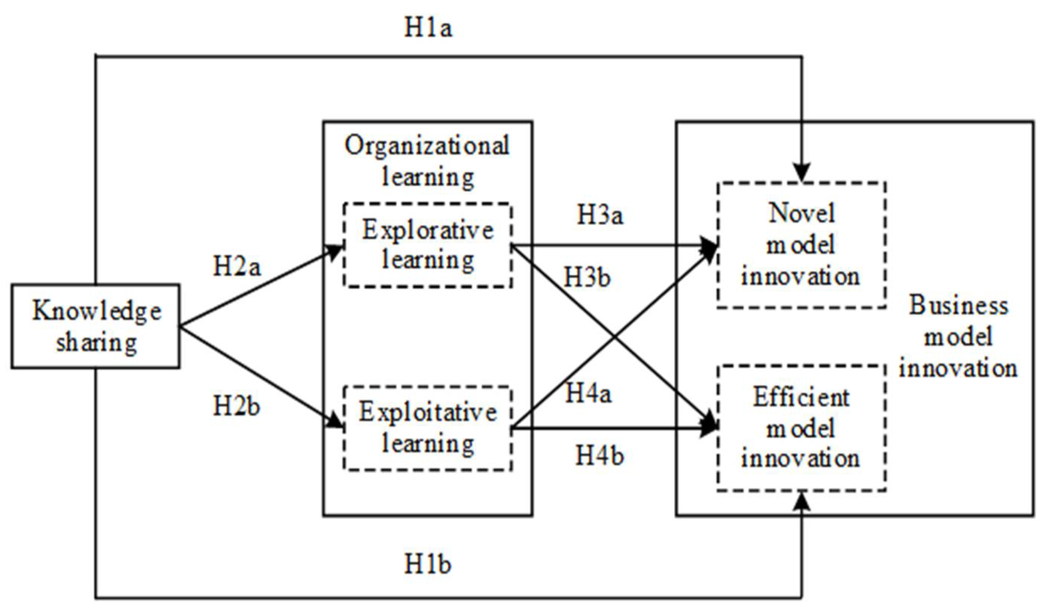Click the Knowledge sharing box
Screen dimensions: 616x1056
(96, 326)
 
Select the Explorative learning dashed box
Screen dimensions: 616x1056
(427, 245)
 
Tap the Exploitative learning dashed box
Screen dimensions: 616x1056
(427, 428)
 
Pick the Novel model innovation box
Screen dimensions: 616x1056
(801, 245)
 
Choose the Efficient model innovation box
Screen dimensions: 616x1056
(801, 428)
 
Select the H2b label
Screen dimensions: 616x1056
(237, 406)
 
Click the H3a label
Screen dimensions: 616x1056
(600, 215)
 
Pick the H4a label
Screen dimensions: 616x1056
(588, 393)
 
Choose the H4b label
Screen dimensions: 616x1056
(599, 455)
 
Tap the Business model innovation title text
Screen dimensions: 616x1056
(958, 337)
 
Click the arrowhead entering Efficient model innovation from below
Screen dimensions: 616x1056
(802, 501)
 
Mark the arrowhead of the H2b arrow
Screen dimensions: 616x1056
(335, 422)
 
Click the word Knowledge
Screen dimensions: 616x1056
(97, 311)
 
